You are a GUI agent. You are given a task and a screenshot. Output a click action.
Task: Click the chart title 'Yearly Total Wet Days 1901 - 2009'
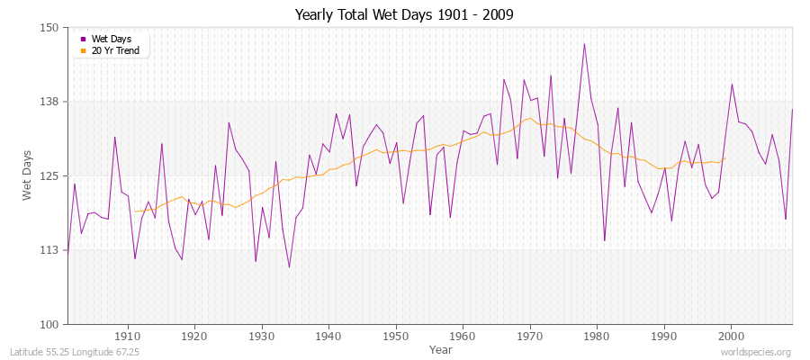(x=404, y=15)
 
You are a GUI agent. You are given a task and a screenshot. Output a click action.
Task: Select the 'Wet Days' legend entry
(x=111, y=40)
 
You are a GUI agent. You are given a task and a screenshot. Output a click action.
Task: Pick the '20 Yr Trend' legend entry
(x=115, y=50)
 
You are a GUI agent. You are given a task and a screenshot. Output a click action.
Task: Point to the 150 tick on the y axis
(x=49, y=28)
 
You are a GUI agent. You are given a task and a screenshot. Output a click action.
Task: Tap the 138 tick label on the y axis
(x=49, y=102)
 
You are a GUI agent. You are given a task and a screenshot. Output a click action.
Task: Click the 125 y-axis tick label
(x=49, y=175)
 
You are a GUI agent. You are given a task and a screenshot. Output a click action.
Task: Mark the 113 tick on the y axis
(x=49, y=249)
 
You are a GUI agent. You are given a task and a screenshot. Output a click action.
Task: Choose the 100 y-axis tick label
(x=49, y=324)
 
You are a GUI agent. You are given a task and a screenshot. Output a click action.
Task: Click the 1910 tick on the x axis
(x=128, y=336)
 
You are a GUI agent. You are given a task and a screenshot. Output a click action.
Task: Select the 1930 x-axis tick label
(x=262, y=336)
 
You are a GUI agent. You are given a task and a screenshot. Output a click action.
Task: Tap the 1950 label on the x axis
(x=395, y=336)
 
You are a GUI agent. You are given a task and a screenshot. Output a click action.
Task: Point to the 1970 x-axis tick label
(x=529, y=336)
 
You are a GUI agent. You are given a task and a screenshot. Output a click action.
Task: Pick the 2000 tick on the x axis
(x=730, y=336)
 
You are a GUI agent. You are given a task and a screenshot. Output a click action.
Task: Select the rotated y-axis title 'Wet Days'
(x=28, y=175)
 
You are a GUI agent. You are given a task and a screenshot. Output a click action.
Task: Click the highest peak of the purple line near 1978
(x=584, y=43)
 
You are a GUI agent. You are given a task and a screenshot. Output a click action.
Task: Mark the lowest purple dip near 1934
(x=289, y=266)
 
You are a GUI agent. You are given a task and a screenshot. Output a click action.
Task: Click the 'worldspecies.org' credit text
(x=756, y=352)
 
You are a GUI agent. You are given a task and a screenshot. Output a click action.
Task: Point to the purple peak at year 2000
(x=732, y=85)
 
